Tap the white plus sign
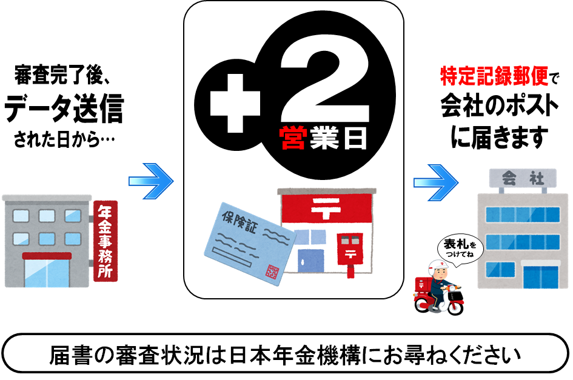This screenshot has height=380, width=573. click(x=235, y=104)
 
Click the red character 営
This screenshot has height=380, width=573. click(x=292, y=138)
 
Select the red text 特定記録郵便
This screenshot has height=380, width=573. click(x=494, y=76)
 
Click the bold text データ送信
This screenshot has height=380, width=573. click(x=64, y=108)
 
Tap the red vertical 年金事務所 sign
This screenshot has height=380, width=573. click(x=106, y=241)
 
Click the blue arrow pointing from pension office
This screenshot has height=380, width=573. click(x=151, y=181)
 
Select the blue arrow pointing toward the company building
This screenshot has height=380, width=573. click(x=435, y=182)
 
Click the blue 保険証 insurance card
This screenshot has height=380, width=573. click(x=250, y=243)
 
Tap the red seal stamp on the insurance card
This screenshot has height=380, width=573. click(x=272, y=272)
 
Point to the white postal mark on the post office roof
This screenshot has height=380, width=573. click(x=326, y=208)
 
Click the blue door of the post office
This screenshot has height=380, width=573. click(x=311, y=261)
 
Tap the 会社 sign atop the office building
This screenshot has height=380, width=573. click(x=523, y=179)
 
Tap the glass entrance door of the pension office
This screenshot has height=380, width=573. click(x=47, y=272)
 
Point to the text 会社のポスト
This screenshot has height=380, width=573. click(x=499, y=106)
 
